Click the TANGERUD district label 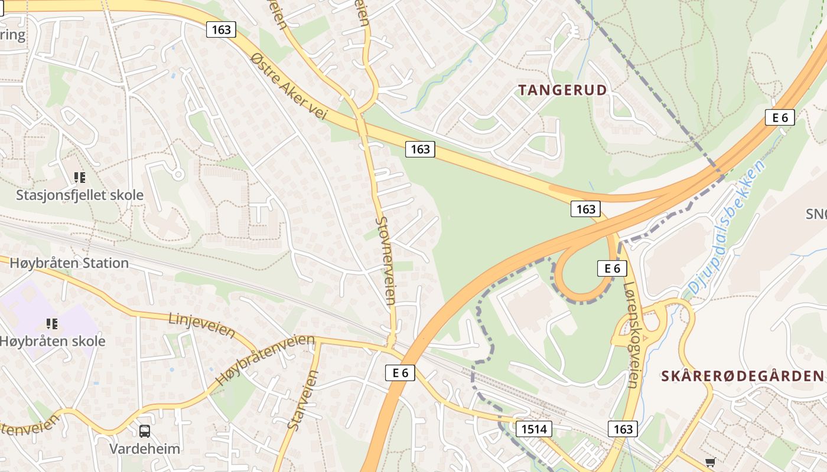[562, 90]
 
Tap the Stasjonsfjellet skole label [79, 195]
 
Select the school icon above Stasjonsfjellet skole [79, 177]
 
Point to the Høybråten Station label [69, 263]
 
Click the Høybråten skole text [53, 341]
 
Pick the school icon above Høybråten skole [52, 323]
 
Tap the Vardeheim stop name [145, 448]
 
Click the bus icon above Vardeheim [145, 431]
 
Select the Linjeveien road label [201, 325]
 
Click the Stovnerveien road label [385, 260]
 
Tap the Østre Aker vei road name [288, 86]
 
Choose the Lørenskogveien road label [631, 334]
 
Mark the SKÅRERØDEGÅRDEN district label [741, 376]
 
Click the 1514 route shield [534, 429]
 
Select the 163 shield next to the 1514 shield [623, 429]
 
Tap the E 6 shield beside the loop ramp [611, 268]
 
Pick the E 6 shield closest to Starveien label [400, 372]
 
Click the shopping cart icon [710, 462]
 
